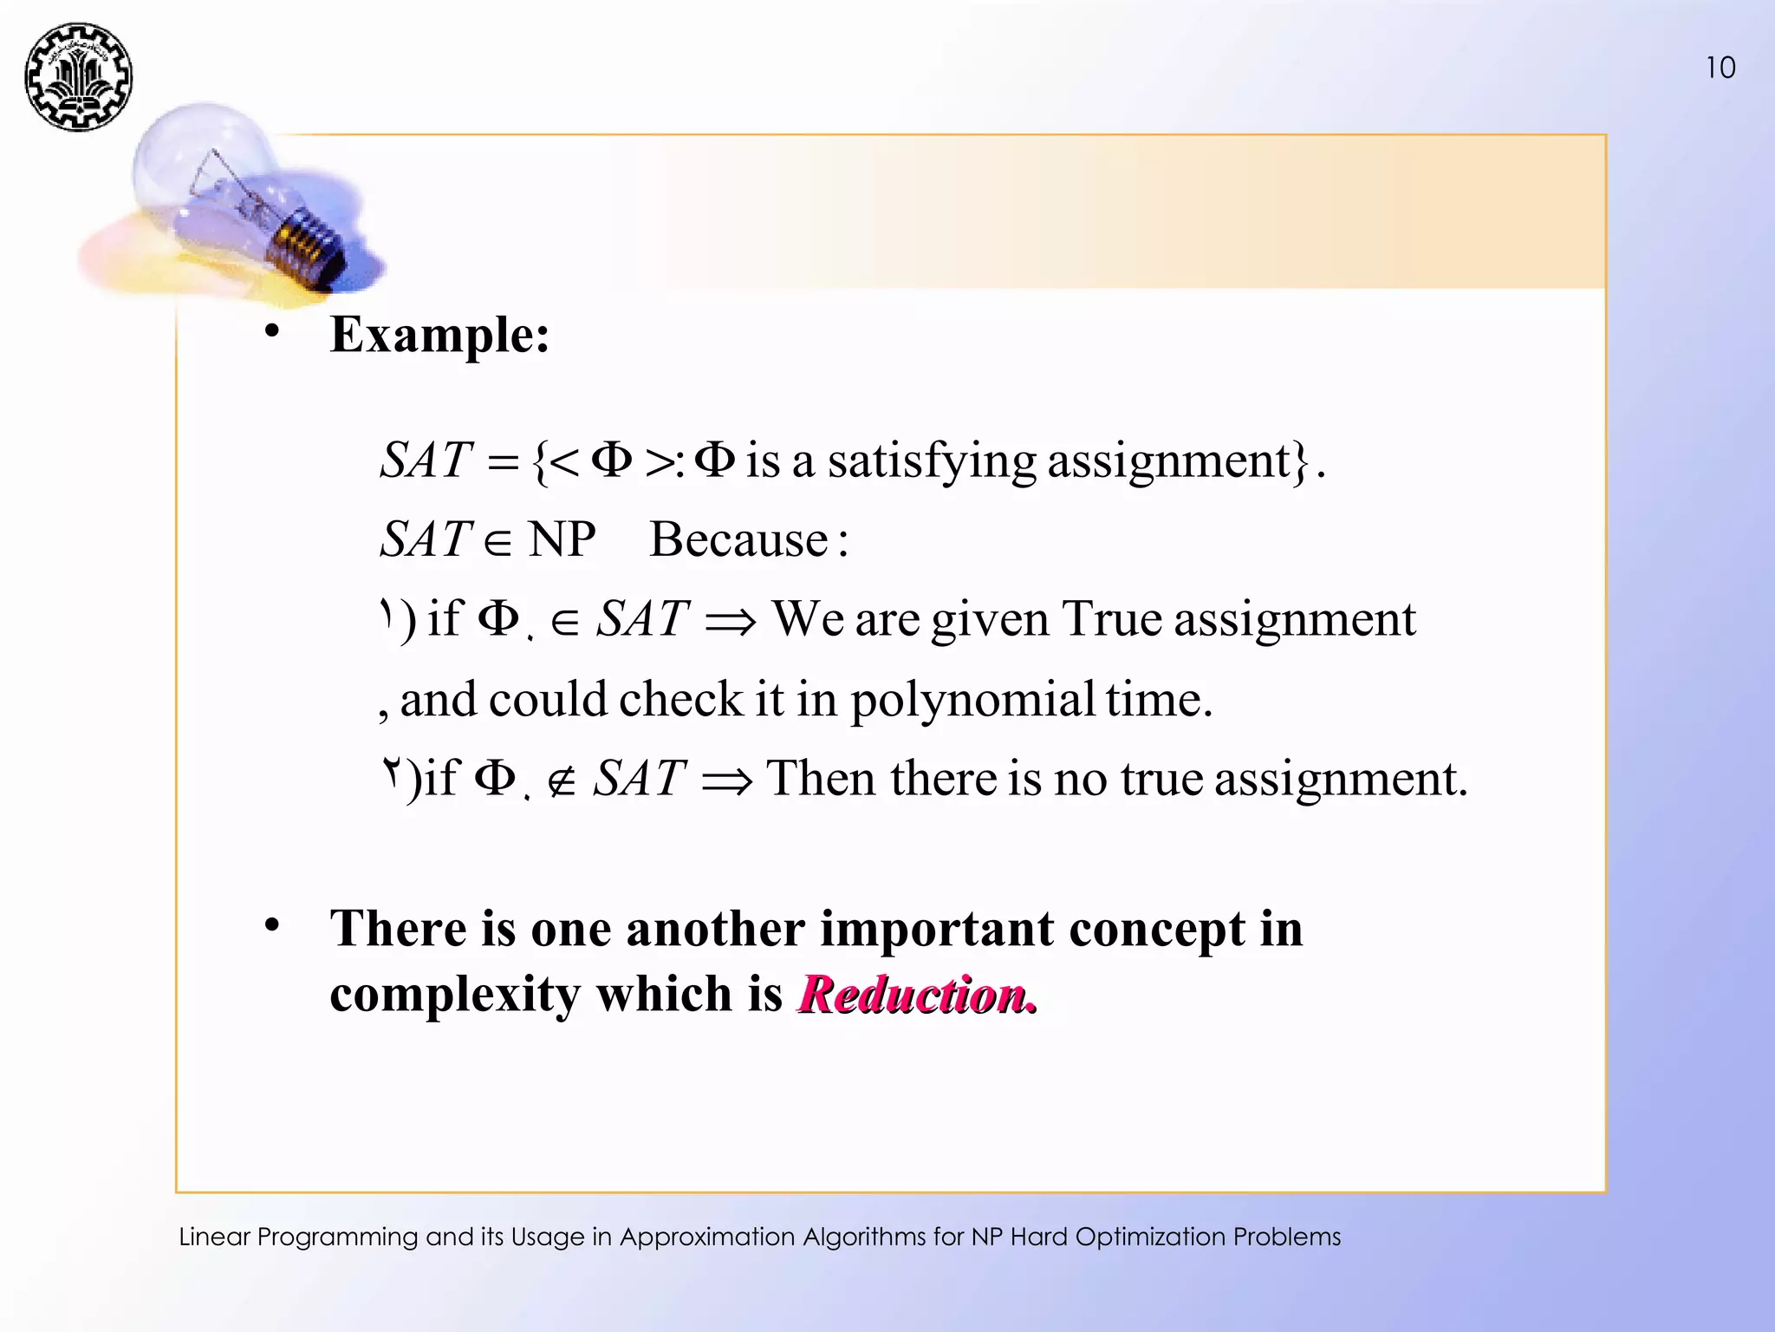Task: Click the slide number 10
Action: pos(1720,68)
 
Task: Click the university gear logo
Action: pos(78,77)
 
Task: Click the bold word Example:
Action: pos(439,335)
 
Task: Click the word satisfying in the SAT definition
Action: pos(932,460)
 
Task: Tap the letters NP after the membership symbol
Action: pos(562,539)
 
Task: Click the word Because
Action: pos(739,539)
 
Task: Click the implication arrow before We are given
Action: pos(730,622)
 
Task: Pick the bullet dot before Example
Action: pos(272,331)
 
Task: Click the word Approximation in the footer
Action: pos(707,1237)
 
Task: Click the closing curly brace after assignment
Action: pos(1299,462)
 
